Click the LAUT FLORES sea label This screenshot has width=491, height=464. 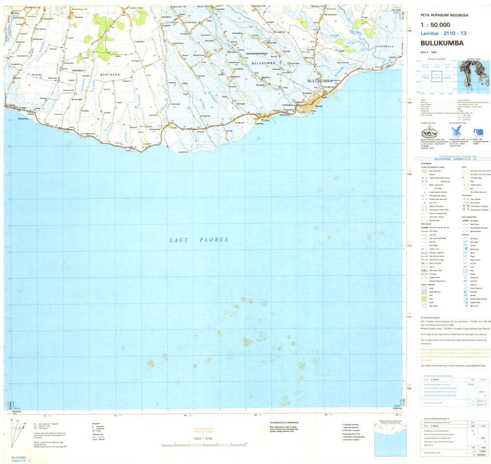(199, 240)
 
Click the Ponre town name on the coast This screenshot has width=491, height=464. (266, 119)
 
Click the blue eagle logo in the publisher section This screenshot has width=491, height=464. (455, 131)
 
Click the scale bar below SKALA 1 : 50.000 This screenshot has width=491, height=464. (191, 445)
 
